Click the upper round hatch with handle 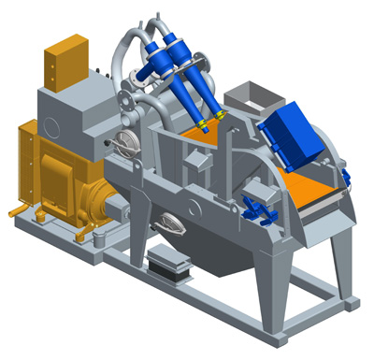[x=124, y=143]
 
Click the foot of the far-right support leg [x=352, y=301]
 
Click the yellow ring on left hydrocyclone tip [x=200, y=122]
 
